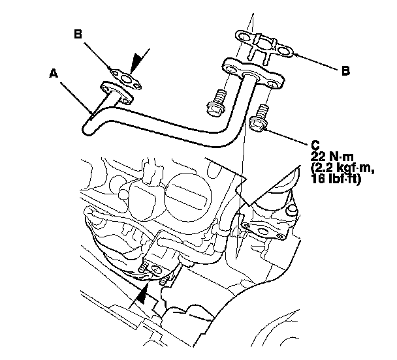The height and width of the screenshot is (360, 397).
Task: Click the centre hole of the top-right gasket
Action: [266, 46]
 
